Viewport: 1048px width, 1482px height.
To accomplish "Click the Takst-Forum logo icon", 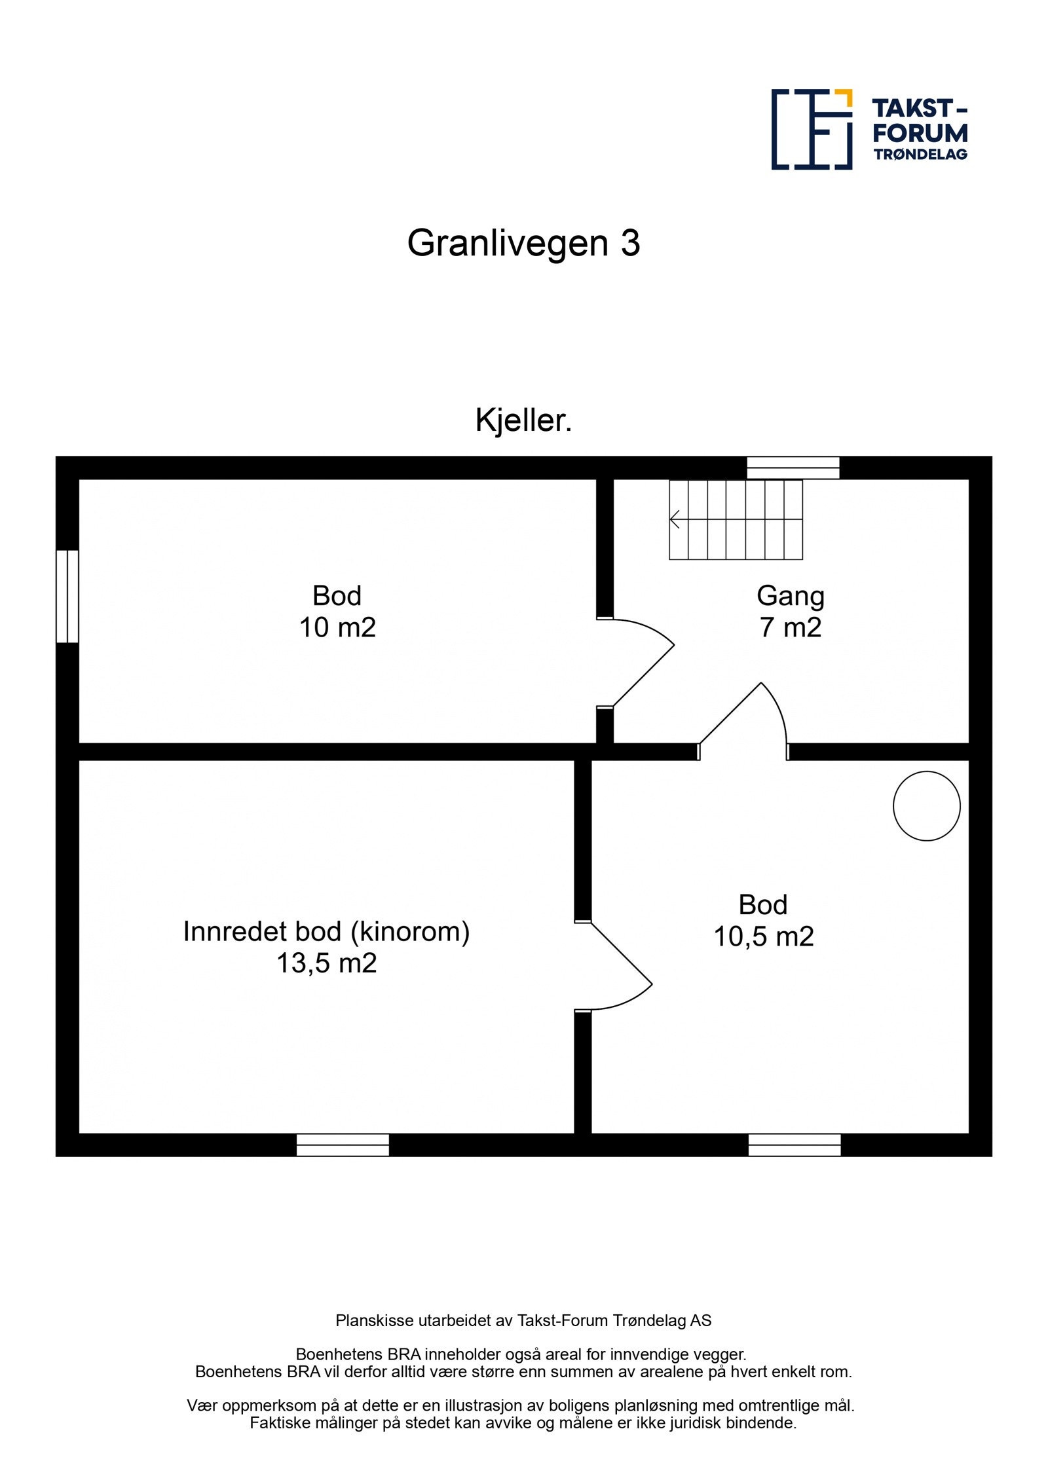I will [811, 129].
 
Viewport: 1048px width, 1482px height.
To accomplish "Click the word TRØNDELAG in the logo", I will [920, 155].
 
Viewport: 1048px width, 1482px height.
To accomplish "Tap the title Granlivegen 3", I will [523, 243].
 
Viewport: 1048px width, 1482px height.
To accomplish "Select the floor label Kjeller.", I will [523, 420].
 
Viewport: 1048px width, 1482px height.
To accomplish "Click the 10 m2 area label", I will [337, 627].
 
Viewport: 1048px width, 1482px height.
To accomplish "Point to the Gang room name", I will [790, 596].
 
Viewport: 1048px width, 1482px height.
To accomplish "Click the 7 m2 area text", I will [790, 627].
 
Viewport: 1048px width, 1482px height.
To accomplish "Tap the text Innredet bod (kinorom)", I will [326, 931].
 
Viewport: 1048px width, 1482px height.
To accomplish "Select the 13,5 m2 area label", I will [326, 963].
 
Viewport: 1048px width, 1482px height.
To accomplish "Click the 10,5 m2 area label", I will [763, 936].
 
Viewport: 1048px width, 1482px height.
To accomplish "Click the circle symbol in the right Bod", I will [926, 806].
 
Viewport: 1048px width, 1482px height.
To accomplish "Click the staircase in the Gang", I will [736, 519].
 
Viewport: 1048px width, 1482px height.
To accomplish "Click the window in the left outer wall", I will [67, 596].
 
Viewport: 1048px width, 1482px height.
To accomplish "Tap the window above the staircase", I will [793, 468].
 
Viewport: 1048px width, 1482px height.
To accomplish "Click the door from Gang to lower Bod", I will [743, 720].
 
